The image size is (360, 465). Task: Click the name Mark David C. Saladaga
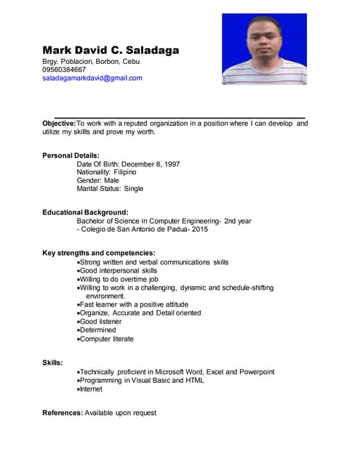pyautogui.click(x=111, y=50)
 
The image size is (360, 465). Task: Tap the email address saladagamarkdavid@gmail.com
pyautogui.click(x=92, y=78)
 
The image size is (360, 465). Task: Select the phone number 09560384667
pyautogui.click(x=64, y=70)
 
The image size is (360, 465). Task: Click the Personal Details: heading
pyautogui.click(x=71, y=155)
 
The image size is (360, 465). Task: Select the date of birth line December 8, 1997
pyautogui.click(x=128, y=164)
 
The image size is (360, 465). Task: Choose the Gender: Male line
pyautogui.click(x=97, y=180)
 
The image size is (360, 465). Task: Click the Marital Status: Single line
pyautogui.click(x=110, y=188)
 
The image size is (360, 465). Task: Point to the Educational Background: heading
pyautogui.click(x=85, y=212)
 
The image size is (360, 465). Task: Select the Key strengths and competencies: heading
pyautogui.click(x=98, y=253)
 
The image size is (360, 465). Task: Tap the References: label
pyautogui.click(x=63, y=413)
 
